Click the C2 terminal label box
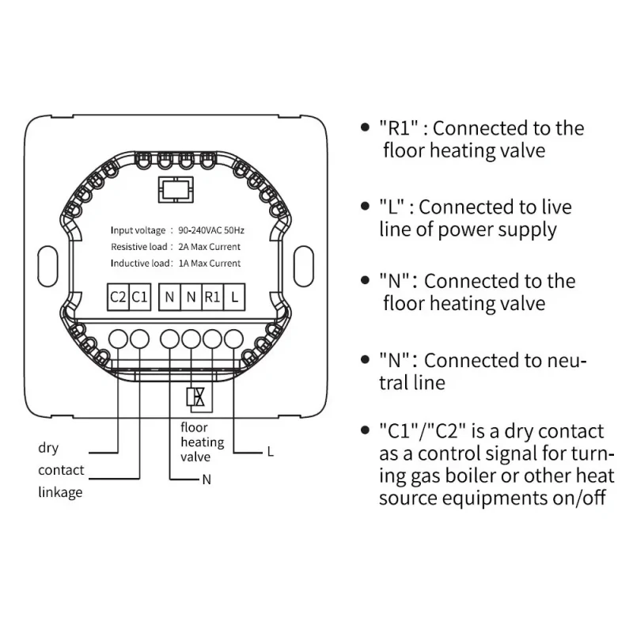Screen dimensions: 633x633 (x=118, y=298)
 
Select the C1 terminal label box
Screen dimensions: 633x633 (x=140, y=298)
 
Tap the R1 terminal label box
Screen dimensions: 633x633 (x=212, y=298)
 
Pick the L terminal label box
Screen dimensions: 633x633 (x=234, y=298)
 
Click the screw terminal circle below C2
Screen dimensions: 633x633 (x=118, y=339)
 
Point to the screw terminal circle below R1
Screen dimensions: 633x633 (x=212, y=339)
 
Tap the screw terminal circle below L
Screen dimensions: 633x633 (x=233, y=339)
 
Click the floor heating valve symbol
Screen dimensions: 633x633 (x=195, y=397)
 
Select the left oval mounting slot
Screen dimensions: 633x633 (x=47, y=267)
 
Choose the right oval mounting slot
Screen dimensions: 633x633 (x=304, y=267)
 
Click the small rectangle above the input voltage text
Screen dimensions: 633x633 (x=176, y=189)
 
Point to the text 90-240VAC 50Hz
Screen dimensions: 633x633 (x=211, y=230)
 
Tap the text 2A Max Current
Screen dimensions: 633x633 (x=209, y=247)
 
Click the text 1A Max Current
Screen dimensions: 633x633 (x=209, y=263)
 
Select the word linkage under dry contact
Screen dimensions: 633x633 (x=60, y=493)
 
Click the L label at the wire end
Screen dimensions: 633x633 (x=271, y=452)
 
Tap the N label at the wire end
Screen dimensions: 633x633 (x=207, y=479)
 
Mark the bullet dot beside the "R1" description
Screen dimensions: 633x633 (x=365, y=127)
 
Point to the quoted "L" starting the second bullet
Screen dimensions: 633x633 (x=392, y=207)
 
